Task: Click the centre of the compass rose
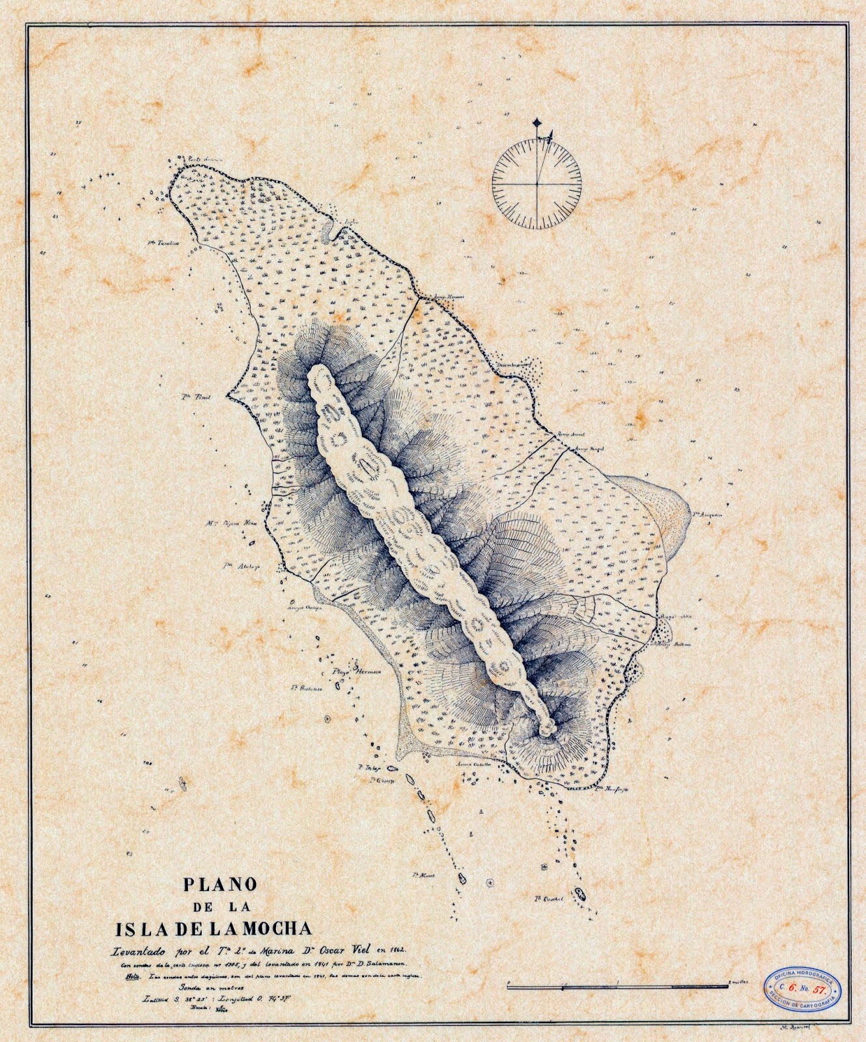[537, 184]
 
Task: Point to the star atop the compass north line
[537, 122]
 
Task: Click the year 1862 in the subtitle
[408, 949]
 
